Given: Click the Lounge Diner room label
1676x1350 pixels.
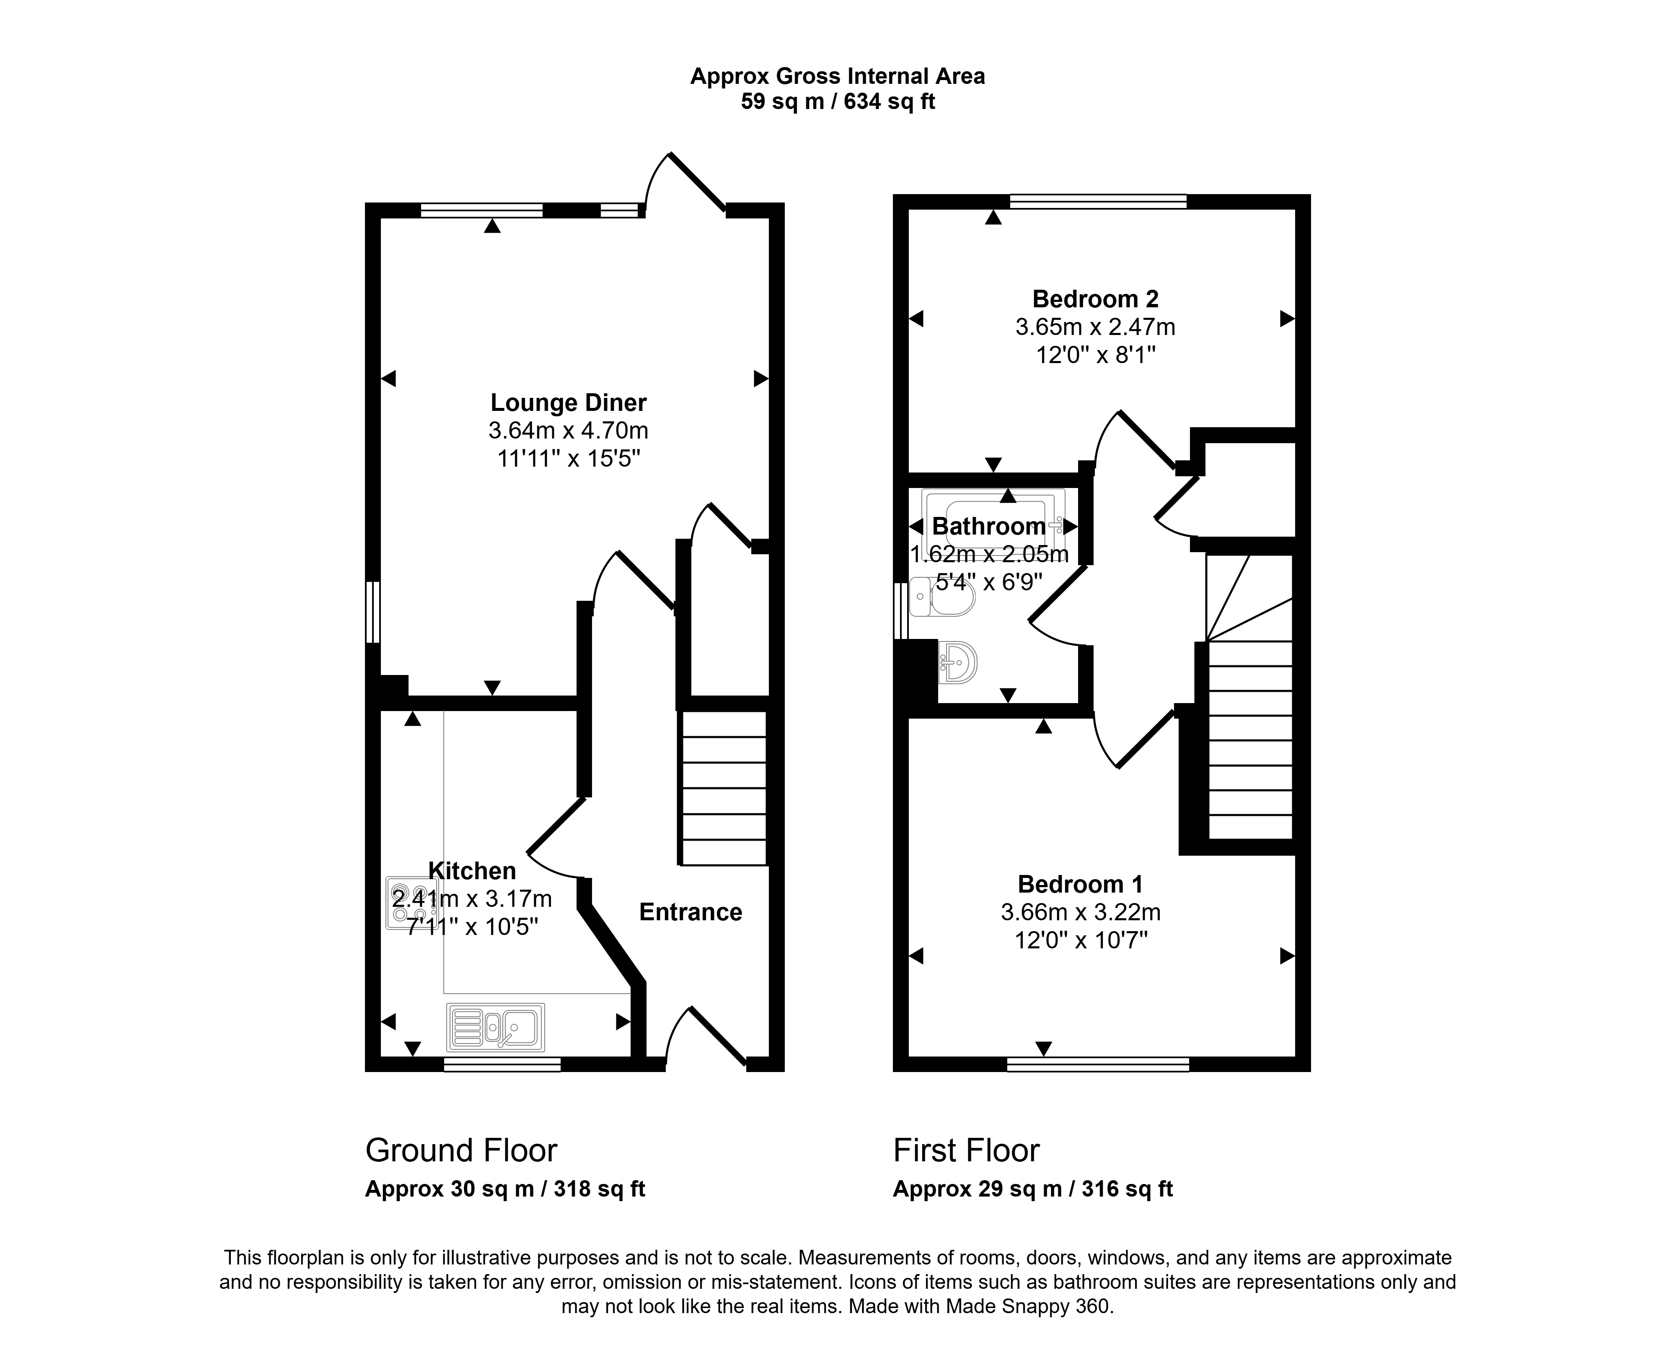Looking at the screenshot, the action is point(568,403).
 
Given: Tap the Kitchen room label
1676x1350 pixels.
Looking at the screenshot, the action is point(472,871).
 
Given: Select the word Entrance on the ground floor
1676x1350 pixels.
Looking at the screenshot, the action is point(690,912).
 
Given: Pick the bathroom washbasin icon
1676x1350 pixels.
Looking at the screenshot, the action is point(958,662).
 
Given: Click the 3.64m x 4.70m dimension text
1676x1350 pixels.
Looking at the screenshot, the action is point(568,430).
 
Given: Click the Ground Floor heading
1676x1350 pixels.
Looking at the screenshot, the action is point(461,1150).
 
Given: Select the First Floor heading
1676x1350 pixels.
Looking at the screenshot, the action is point(966,1150).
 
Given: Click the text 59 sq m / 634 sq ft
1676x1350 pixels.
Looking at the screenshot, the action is point(838,102).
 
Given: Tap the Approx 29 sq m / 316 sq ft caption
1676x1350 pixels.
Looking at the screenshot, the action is point(1033,1189).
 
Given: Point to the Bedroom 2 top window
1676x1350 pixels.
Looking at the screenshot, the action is point(1099,201).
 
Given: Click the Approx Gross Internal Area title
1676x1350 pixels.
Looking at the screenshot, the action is point(838,76).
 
